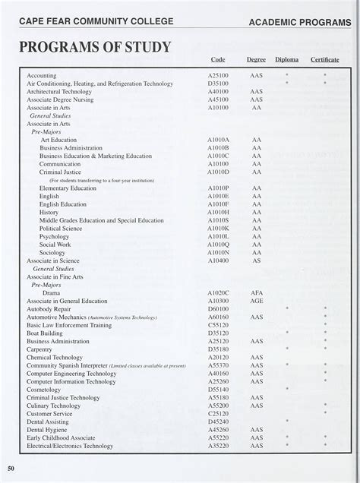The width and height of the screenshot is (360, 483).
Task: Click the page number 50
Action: tap(11, 467)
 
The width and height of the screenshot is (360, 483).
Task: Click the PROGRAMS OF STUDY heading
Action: tap(95, 48)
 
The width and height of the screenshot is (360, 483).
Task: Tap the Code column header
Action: tap(218, 59)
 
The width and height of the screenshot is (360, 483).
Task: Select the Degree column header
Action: tap(256, 59)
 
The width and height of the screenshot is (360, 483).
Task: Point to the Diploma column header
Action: tap(287, 59)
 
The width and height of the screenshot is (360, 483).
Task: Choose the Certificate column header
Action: tap(325, 59)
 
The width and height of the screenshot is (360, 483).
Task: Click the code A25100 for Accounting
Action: tap(218, 76)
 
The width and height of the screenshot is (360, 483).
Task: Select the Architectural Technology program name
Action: tap(59, 91)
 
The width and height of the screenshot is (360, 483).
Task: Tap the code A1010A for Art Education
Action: tap(218, 140)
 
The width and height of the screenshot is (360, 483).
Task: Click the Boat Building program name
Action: tap(45, 333)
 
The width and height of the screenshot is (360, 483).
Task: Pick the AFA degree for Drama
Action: tap(257, 292)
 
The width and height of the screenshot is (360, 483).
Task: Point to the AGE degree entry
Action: tap(257, 301)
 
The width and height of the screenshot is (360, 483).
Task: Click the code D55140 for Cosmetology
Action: tap(218, 389)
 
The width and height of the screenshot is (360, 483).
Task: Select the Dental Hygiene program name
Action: tap(51, 430)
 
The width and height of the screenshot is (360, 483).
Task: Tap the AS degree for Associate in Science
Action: tap(257, 260)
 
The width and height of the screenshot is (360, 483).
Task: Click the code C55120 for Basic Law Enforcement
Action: tap(218, 325)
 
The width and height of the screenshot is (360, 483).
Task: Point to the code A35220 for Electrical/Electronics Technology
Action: tap(218, 446)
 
